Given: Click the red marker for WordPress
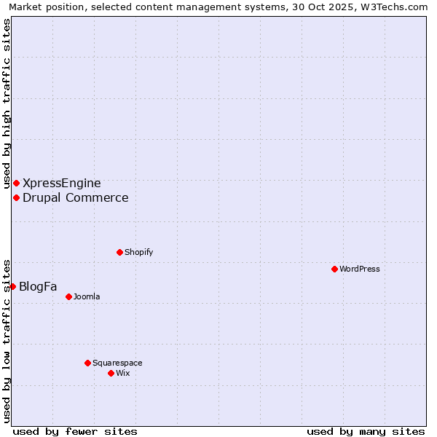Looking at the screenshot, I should [x=334, y=269].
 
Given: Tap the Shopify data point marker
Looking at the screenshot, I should [x=119, y=252].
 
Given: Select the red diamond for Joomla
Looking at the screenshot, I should [x=68, y=296].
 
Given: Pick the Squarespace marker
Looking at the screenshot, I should [x=87, y=363].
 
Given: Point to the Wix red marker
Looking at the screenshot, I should [x=111, y=373].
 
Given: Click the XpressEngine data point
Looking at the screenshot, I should [x=16, y=183].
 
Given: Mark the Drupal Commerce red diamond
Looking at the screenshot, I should [x=16, y=197].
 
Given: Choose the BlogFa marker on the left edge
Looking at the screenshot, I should [x=12, y=286].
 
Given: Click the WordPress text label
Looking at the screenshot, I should [x=360, y=269].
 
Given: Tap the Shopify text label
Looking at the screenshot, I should [x=138, y=252].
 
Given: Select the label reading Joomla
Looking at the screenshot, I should [x=87, y=296].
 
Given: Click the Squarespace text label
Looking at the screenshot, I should [x=117, y=363].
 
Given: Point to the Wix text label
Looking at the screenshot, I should [x=122, y=373].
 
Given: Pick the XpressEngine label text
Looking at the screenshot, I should [x=62, y=183].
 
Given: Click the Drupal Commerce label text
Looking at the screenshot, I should [x=76, y=197].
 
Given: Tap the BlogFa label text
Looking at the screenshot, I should [x=38, y=286].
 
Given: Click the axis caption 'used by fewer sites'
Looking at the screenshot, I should [x=75, y=431].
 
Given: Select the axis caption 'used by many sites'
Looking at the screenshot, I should [x=366, y=431].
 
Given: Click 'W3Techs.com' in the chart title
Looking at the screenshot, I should [x=396, y=7].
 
